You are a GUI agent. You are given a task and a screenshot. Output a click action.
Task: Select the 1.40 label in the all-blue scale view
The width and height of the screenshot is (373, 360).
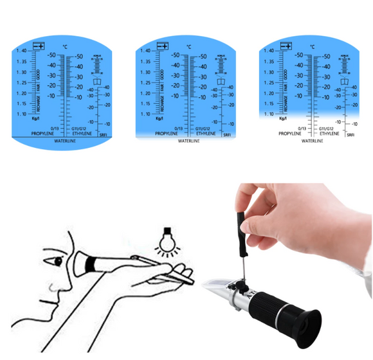pyautogui.click(x=21, y=51)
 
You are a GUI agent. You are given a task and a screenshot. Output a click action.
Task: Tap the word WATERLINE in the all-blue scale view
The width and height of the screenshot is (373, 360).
pyautogui.click(x=66, y=140)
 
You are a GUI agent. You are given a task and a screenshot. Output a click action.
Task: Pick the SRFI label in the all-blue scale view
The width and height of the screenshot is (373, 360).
pyautogui.click(x=104, y=136)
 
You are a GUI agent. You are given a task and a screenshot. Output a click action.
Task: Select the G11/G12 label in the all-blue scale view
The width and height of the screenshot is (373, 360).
pyautogui.click(x=81, y=129)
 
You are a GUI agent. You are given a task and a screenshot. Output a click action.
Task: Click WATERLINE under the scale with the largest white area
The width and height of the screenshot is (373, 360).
pyautogui.click(x=313, y=140)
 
